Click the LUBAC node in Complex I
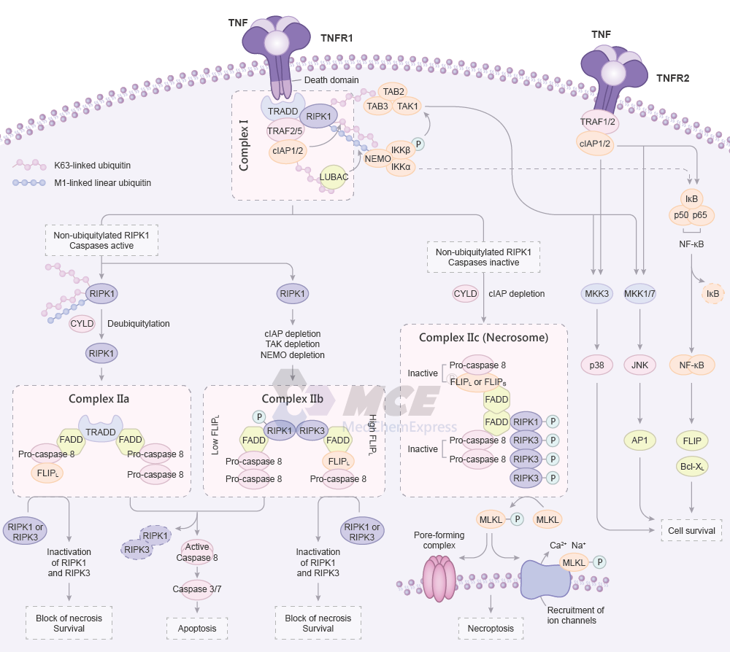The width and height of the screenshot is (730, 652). [x=334, y=177]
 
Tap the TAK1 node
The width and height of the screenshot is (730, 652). [x=407, y=106]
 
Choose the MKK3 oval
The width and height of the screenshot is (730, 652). [x=598, y=294]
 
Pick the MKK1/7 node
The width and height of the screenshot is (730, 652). [x=639, y=294]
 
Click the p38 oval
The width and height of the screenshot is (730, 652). [x=598, y=366]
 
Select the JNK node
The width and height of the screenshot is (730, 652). [x=639, y=366]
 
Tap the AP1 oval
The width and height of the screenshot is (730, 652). [x=639, y=441]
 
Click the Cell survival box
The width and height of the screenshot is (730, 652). [x=691, y=531]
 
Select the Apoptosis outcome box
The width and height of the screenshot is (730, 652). [x=197, y=628]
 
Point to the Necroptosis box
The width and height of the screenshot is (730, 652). [x=491, y=628]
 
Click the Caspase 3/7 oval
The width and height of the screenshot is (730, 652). [x=197, y=589]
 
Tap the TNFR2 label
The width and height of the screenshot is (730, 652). [x=672, y=78]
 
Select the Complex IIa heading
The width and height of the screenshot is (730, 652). [x=99, y=399]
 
